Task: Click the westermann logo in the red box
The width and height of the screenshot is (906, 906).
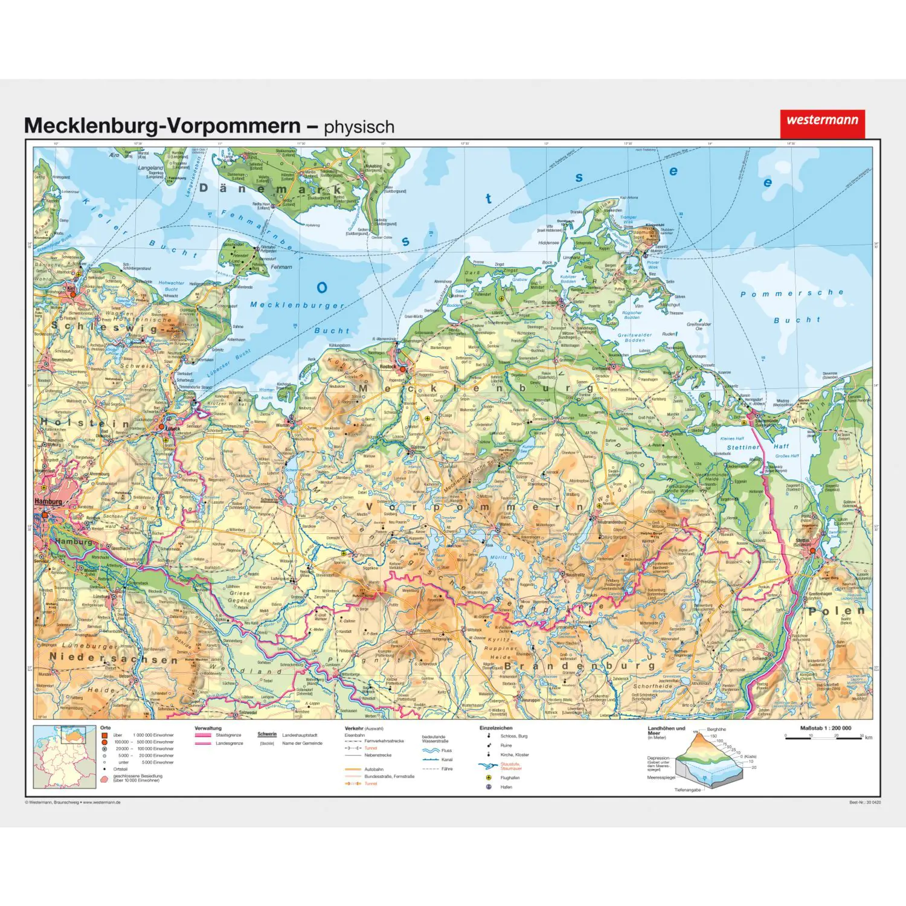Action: [x=822, y=120]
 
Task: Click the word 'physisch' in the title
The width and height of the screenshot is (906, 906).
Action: [x=359, y=127]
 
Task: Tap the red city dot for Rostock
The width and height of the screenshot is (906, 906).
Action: [x=403, y=368]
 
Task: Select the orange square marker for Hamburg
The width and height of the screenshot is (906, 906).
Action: [x=44, y=515]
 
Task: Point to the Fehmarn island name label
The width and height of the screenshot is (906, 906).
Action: [x=281, y=267]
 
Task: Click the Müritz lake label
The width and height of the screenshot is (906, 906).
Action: [x=499, y=557]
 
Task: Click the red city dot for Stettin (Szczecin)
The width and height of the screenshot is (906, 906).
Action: [x=813, y=550]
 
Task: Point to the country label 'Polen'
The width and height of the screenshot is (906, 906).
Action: [x=837, y=611]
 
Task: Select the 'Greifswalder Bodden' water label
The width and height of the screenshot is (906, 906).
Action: [x=634, y=338]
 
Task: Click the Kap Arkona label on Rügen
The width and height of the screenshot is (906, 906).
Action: [x=629, y=198]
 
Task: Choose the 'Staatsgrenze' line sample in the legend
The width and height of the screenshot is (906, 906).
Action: [x=203, y=735]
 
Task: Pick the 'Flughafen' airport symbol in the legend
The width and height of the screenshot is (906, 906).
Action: [x=489, y=778]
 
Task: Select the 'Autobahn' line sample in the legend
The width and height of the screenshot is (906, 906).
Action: [x=353, y=769]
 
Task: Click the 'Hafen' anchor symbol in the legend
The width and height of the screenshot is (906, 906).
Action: [x=489, y=787]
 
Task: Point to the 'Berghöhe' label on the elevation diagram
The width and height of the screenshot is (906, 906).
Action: [x=716, y=730]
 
